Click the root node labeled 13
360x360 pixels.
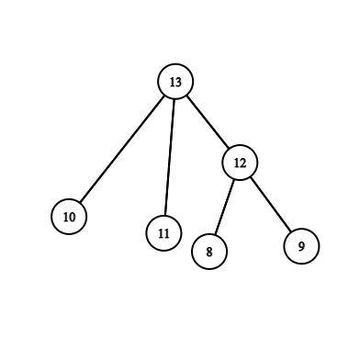tap(174, 82)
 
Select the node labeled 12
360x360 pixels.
tap(240, 163)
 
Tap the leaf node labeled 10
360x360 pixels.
tap(69, 217)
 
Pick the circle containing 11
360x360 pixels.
tap(163, 232)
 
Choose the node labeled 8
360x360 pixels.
tap(209, 251)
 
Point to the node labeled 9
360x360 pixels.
tap(301, 245)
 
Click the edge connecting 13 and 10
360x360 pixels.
tap(122, 149)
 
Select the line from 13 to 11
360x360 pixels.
tap(169, 157)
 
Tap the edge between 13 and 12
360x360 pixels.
tap(207, 122)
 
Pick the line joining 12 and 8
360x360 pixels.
tap(225, 206)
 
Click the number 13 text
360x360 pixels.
tap(174, 83)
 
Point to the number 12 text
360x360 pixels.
tap(240, 163)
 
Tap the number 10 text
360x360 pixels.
tap(69, 218)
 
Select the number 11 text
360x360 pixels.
tap(163, 233)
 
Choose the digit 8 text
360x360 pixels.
tap(209, 252)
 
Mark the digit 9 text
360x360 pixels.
tap(301, 246)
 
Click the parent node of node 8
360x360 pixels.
tap(240, 163)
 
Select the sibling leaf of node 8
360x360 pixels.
tap(301, 245)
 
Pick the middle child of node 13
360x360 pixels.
tap(163, 232)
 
